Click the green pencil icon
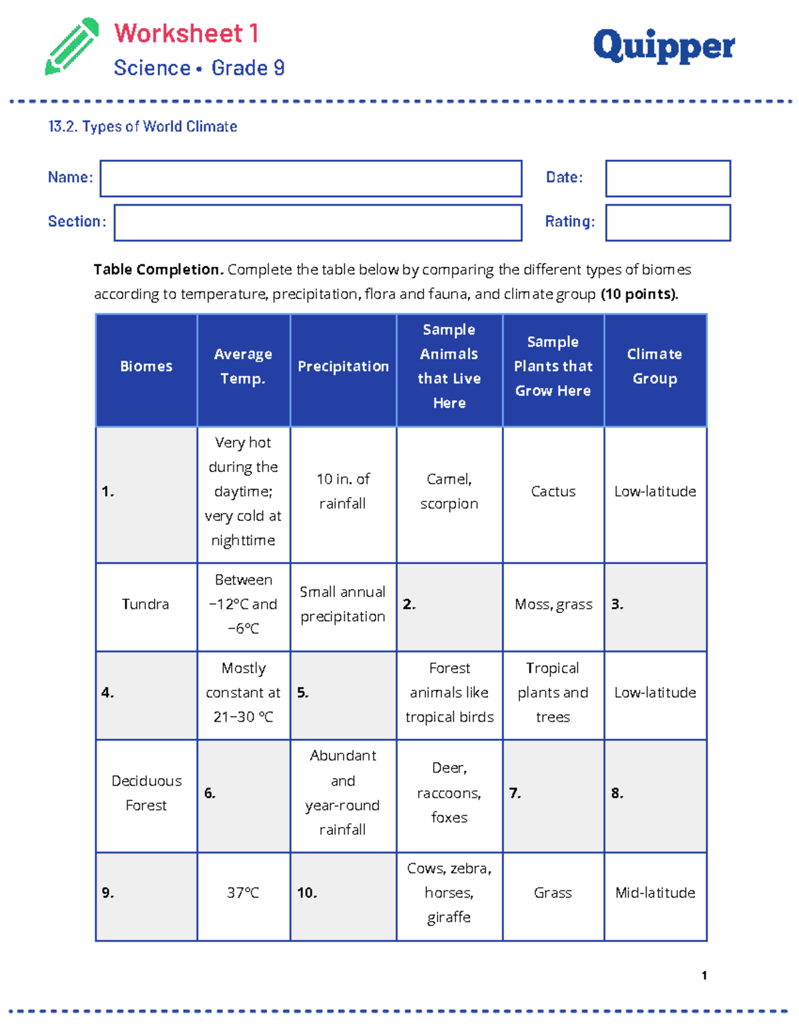72,47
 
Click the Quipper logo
663,47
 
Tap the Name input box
311,178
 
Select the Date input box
668,178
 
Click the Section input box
318,222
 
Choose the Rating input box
668,222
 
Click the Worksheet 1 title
186,33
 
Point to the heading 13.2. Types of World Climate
142,127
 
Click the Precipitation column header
343,367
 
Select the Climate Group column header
655,367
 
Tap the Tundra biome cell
146,605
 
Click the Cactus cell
553,492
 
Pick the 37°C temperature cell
243,893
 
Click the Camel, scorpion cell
449,492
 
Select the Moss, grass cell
553,605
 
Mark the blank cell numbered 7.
553,794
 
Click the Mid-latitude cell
655,893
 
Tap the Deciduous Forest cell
146,794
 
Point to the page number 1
704,975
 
